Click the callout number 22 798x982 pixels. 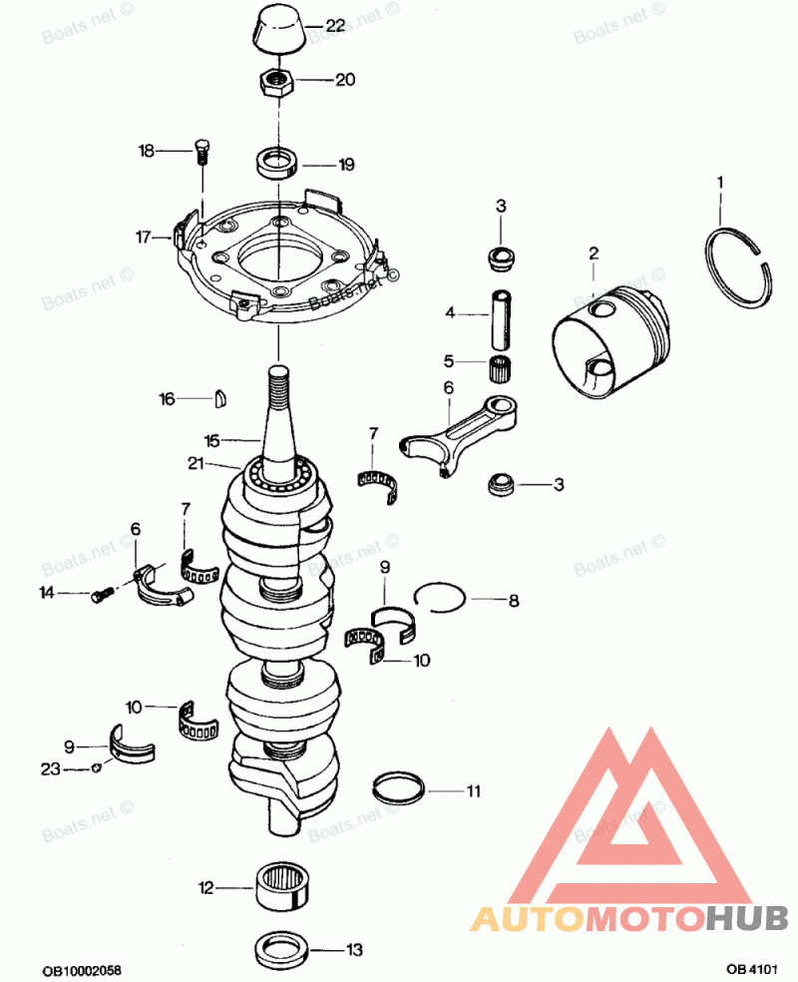335,25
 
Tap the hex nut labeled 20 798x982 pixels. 277,81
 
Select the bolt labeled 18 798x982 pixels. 202,151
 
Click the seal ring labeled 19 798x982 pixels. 278,163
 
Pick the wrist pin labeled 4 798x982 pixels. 501,319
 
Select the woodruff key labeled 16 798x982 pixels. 219,399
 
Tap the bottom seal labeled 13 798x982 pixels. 282,949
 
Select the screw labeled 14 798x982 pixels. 103,595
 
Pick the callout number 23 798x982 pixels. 50,769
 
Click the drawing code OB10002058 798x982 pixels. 82,971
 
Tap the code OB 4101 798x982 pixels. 752,969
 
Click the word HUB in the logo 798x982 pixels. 747,918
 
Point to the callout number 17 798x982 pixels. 144,238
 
